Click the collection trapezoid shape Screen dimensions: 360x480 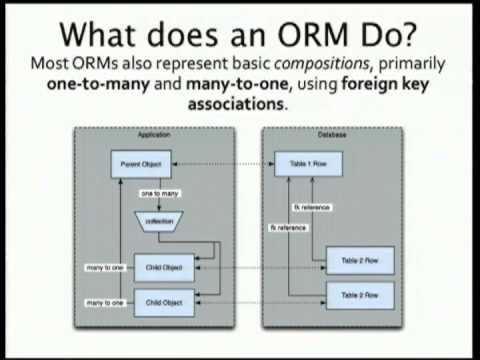point(155,220)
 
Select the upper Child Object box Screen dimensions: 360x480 point(163,267)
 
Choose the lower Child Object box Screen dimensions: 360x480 point(163,300)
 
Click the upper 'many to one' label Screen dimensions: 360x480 point(103,267)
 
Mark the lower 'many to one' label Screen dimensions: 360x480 point(103,300)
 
